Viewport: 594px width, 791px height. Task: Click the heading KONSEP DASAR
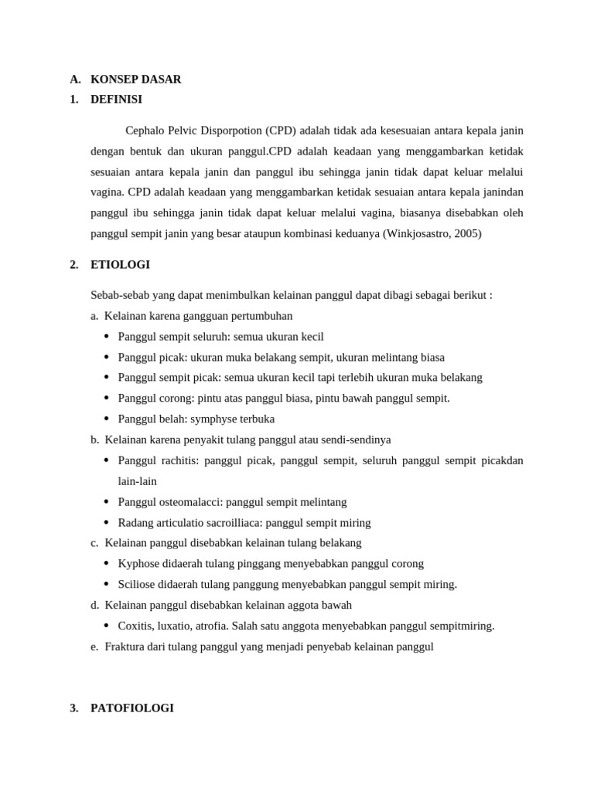point(135,79)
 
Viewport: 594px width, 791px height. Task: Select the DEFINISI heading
point(116,99)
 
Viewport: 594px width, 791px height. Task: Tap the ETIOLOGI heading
point(120,264)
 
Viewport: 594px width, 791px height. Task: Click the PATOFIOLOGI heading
point(131,708)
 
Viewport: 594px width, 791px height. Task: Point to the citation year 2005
point(466,233)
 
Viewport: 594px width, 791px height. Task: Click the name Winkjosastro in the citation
point(419,233)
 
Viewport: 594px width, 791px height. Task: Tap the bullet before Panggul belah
point(107,419)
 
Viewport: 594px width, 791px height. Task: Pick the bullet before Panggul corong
point(107,398)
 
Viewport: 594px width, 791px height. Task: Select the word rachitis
point(177,460)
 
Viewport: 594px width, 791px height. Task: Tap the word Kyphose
point(138,563)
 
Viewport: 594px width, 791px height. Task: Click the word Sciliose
point(137,584)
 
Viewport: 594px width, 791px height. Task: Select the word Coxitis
point(136,626)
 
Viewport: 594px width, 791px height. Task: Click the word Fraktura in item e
point(125,647)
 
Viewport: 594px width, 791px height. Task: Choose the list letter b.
point(94,440)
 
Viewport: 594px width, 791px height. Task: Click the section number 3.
point(73,708)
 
